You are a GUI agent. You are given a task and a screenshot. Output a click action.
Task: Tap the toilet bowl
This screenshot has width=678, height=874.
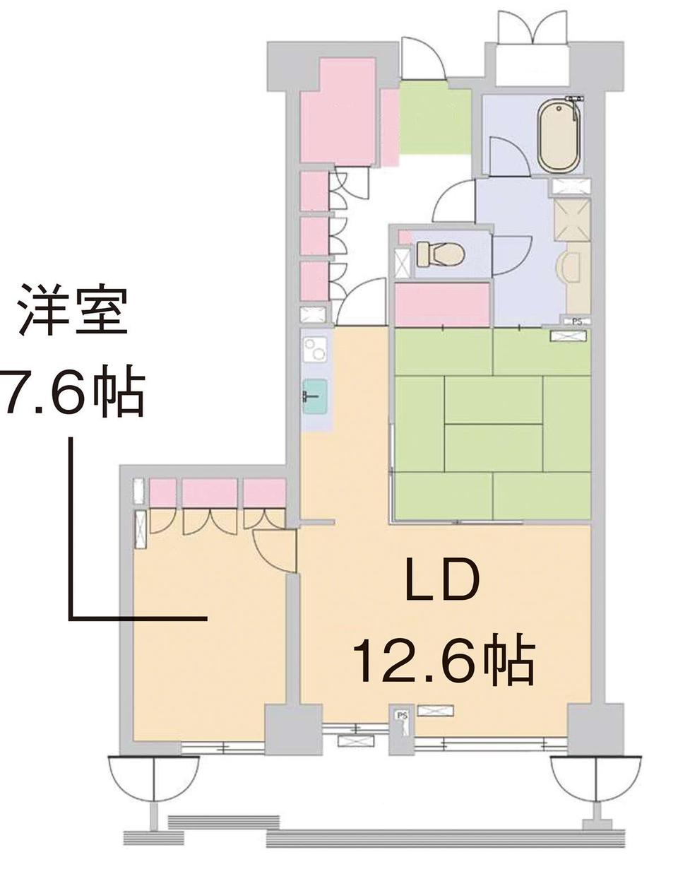[x=440, y=254]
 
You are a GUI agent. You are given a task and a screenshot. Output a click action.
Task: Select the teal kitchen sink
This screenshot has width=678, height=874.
[x=316, y=396]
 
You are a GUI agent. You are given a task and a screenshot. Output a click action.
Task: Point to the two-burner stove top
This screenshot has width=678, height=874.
[x=316, y=349]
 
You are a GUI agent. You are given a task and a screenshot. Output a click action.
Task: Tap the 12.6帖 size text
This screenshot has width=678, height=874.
[x=445, y=664]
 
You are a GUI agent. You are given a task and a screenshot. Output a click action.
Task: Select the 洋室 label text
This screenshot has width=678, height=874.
[x=73, y=311]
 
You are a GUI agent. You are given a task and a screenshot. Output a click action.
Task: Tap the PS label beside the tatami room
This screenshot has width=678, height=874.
[x=577, y=321]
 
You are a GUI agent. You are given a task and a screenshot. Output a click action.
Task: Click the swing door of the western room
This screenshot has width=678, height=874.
[x=275, y=550]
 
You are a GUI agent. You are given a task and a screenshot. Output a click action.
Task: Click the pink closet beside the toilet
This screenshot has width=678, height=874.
[x=442, y=304]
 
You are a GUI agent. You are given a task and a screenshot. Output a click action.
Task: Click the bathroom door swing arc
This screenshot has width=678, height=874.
[x=511, y=156]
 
